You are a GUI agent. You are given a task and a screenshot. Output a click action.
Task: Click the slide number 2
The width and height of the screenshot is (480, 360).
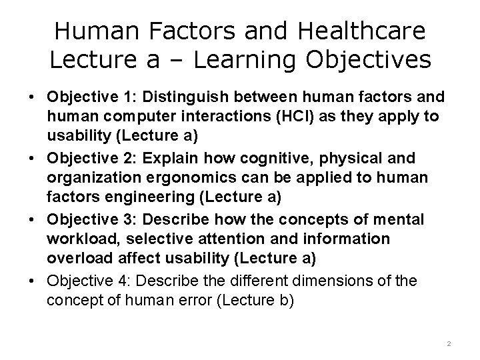(449, 343)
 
